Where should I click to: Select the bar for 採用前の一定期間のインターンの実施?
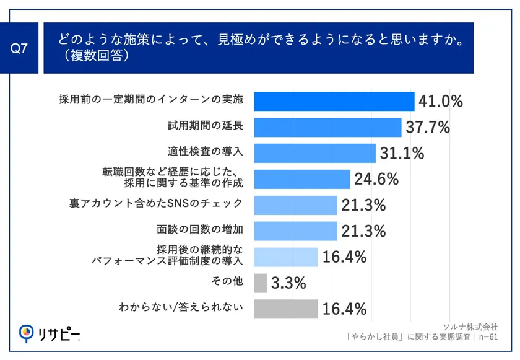coord(334,101)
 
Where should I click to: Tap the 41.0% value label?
coord(441,101)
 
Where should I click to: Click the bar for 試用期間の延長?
coord(327,127)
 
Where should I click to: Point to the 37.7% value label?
coord(428,127)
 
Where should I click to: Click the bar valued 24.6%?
coord(302,179)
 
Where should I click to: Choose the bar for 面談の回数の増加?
coord(296,231)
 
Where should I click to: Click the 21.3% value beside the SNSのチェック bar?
coord(363,205)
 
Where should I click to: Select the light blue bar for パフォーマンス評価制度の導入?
coord(286,257)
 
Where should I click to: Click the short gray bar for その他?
coord(261,283)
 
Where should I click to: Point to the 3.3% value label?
coord(289,283)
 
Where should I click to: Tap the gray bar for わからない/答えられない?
coord(286,309)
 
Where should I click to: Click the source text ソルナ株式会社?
coord(470,327)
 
